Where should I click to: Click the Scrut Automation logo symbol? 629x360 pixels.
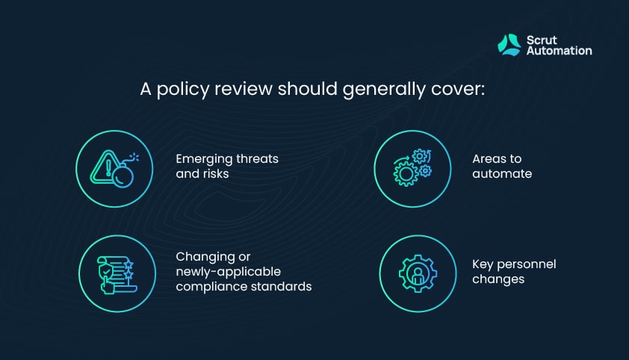(x=509, y=45)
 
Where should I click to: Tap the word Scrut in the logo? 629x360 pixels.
(x=542, y=40)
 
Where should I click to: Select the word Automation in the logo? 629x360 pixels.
(x=560, y=51)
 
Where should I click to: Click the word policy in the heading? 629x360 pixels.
(x=182, y=90)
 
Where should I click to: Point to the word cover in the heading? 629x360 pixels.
(x=458, y=89)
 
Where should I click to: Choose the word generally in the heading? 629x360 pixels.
(x=384, y=90)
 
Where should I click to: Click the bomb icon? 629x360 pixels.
(x=124, y=173)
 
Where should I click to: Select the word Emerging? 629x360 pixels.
(x=204, y=160)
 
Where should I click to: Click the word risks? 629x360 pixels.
(x=215, y=173)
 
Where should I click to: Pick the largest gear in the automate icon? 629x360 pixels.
(x=406, y=174)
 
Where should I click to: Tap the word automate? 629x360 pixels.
(x=502, y=173)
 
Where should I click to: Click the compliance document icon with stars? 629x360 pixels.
(x=117, y=275)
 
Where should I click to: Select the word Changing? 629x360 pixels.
(x=206, y=258)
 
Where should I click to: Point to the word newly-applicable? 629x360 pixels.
(x=229, y=272)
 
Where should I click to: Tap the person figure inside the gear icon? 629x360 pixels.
(x=418, y=275)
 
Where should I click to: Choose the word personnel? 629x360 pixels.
(x=527, y=264)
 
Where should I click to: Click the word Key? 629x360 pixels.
(x=483, y=264)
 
